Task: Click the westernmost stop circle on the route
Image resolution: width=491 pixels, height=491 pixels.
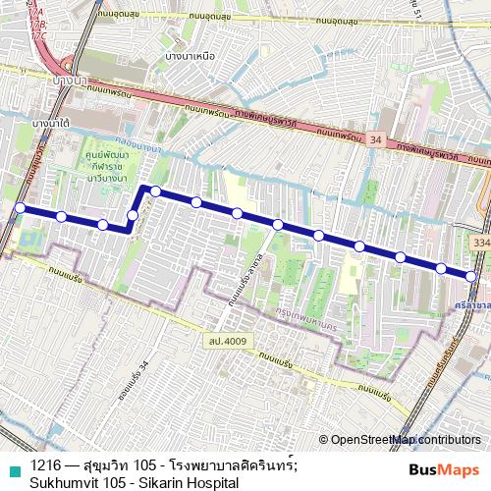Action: click(x=20, y=207)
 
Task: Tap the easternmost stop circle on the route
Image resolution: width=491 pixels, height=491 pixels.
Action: click(x=472, y=277)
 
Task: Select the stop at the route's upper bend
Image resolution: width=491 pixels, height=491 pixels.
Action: click(x=155, y=190)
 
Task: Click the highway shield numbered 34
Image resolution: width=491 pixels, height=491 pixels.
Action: click(x=377, y=141)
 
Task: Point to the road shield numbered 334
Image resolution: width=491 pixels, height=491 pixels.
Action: click(x=478, y=240)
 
